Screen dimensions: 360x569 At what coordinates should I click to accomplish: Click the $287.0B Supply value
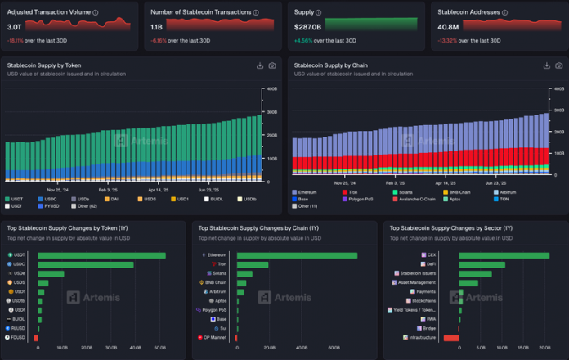coord(307,27)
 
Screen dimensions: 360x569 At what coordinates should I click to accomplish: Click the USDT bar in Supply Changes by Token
coord(101,255)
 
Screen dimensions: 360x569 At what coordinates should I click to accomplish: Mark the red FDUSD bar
coord(36,337)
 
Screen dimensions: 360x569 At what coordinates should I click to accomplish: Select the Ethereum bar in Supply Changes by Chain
coord(296,255)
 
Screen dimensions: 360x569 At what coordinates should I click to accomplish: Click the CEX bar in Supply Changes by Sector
coord(504,255)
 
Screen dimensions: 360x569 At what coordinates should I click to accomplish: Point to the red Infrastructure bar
coord(451,337)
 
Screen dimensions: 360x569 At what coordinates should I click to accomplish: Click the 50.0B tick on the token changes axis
coord(159,349)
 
